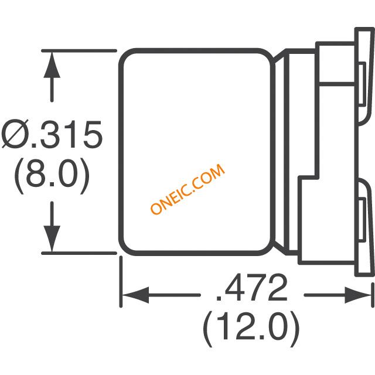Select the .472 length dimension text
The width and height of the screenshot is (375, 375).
[x=251, y=287]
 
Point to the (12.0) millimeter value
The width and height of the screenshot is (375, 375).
[x=251, y=328]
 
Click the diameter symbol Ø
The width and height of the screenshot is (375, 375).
[x=15, y=134]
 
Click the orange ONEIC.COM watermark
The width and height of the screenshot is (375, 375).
[x=187, y=189]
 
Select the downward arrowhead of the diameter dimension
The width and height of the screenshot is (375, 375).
[x=52, y=238]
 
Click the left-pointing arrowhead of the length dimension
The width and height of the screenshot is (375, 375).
[x=135, y=295]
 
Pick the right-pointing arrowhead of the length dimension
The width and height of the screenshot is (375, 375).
[x=358, y=295]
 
